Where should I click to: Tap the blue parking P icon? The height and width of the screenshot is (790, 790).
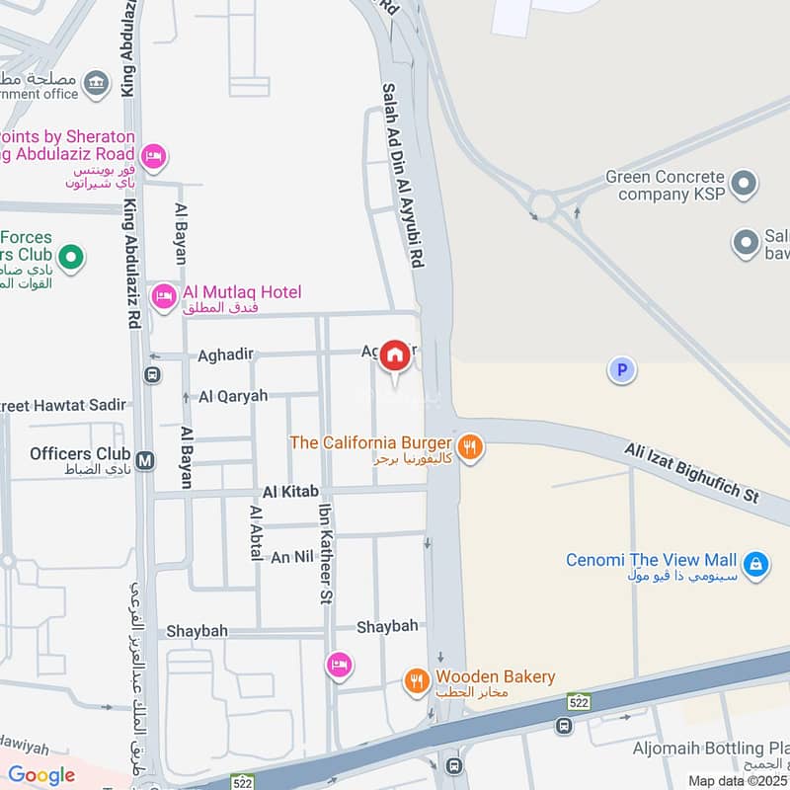click(621, 370)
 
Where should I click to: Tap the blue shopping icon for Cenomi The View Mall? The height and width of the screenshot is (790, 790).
click(755, 564)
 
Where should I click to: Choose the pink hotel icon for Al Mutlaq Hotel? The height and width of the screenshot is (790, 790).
click(163, 294)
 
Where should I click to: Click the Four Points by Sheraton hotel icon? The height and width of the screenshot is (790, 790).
click(153, 156)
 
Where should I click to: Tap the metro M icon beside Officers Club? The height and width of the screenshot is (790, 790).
click(145, 460)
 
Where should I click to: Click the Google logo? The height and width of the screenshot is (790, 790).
click(41, 775)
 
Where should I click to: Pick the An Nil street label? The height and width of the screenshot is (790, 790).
click(292, 557)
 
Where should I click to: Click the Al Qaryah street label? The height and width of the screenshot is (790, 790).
click(233, 396)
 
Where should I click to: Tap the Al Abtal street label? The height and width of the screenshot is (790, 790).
click(256, 533)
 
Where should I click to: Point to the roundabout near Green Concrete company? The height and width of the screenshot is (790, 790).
click(542, 205)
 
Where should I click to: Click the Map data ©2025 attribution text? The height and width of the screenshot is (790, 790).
click(738, 780)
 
